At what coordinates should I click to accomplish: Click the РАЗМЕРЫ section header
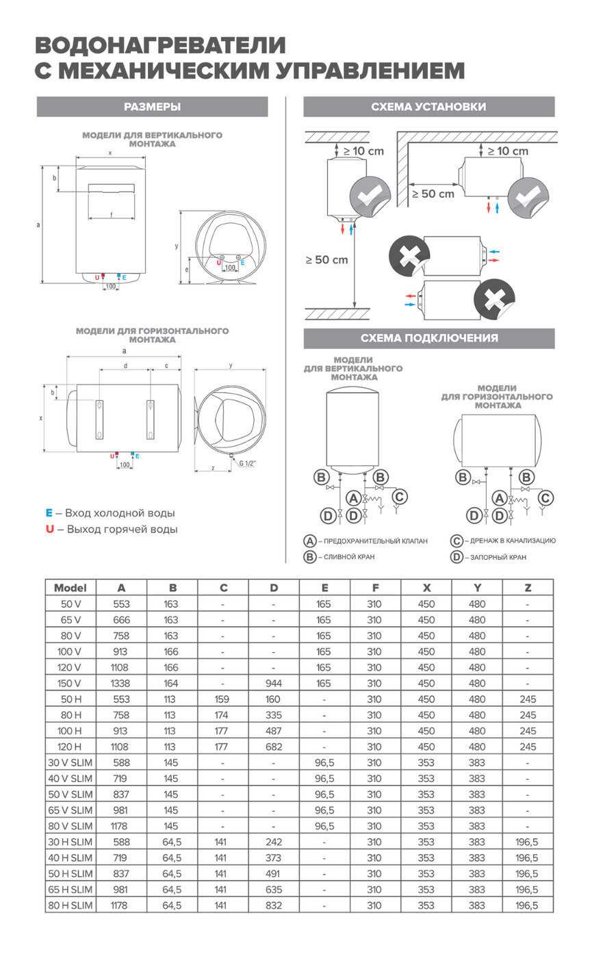[152, 107]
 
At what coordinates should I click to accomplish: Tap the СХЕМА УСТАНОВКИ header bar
[428, 107]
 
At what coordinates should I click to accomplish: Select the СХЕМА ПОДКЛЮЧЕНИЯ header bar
[428, 338]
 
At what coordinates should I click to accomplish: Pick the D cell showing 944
[274, 684]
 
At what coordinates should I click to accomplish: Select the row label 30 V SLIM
[70, 763]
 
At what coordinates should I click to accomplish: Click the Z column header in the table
[528, 588]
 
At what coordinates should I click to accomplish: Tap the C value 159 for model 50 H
[223, 699]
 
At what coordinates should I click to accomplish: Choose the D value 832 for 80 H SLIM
[274, 905]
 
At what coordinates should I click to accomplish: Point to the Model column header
[70, 588]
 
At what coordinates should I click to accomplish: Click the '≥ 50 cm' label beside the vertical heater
[326, 260]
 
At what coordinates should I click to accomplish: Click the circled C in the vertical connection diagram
[400, 497]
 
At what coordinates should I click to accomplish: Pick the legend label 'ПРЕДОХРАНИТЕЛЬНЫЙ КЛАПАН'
[376, 541]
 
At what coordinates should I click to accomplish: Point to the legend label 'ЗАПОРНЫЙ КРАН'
[498, 558]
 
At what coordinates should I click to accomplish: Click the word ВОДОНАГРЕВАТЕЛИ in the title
[160, 46]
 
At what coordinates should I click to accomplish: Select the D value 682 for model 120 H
[274, 747]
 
